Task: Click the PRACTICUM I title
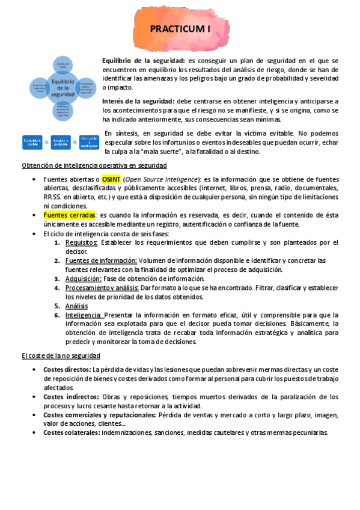(180, 28)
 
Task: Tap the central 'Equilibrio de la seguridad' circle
(63, 87)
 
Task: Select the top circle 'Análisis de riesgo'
(64, 64)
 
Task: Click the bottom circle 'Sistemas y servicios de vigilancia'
(63, 109)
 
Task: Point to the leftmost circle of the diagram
(41, 88)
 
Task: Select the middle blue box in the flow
(61, 143)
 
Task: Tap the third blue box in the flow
(89, 143)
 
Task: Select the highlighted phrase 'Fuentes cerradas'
(69, 215)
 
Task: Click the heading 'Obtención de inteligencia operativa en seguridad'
(94, 165)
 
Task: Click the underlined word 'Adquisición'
(84, 278)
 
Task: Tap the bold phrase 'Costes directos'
(67, 369)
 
